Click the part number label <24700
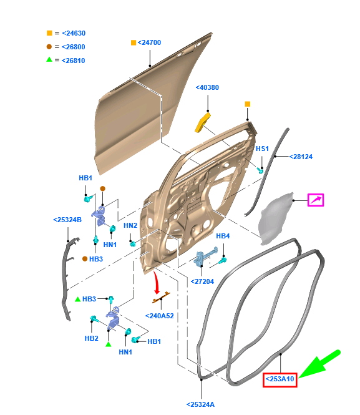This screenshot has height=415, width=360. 149,42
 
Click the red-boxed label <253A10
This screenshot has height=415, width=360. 280,379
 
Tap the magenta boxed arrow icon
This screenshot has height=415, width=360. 316,200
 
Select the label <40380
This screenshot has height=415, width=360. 207,88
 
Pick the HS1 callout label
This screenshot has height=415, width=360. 262,149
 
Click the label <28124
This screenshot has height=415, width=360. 301,157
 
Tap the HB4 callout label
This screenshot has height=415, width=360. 223,236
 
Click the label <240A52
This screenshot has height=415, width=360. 160,316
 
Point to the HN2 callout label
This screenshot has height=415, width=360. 130,225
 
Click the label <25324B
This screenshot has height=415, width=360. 68,220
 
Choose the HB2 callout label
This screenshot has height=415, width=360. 91,338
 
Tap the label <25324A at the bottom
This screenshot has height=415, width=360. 200,405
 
